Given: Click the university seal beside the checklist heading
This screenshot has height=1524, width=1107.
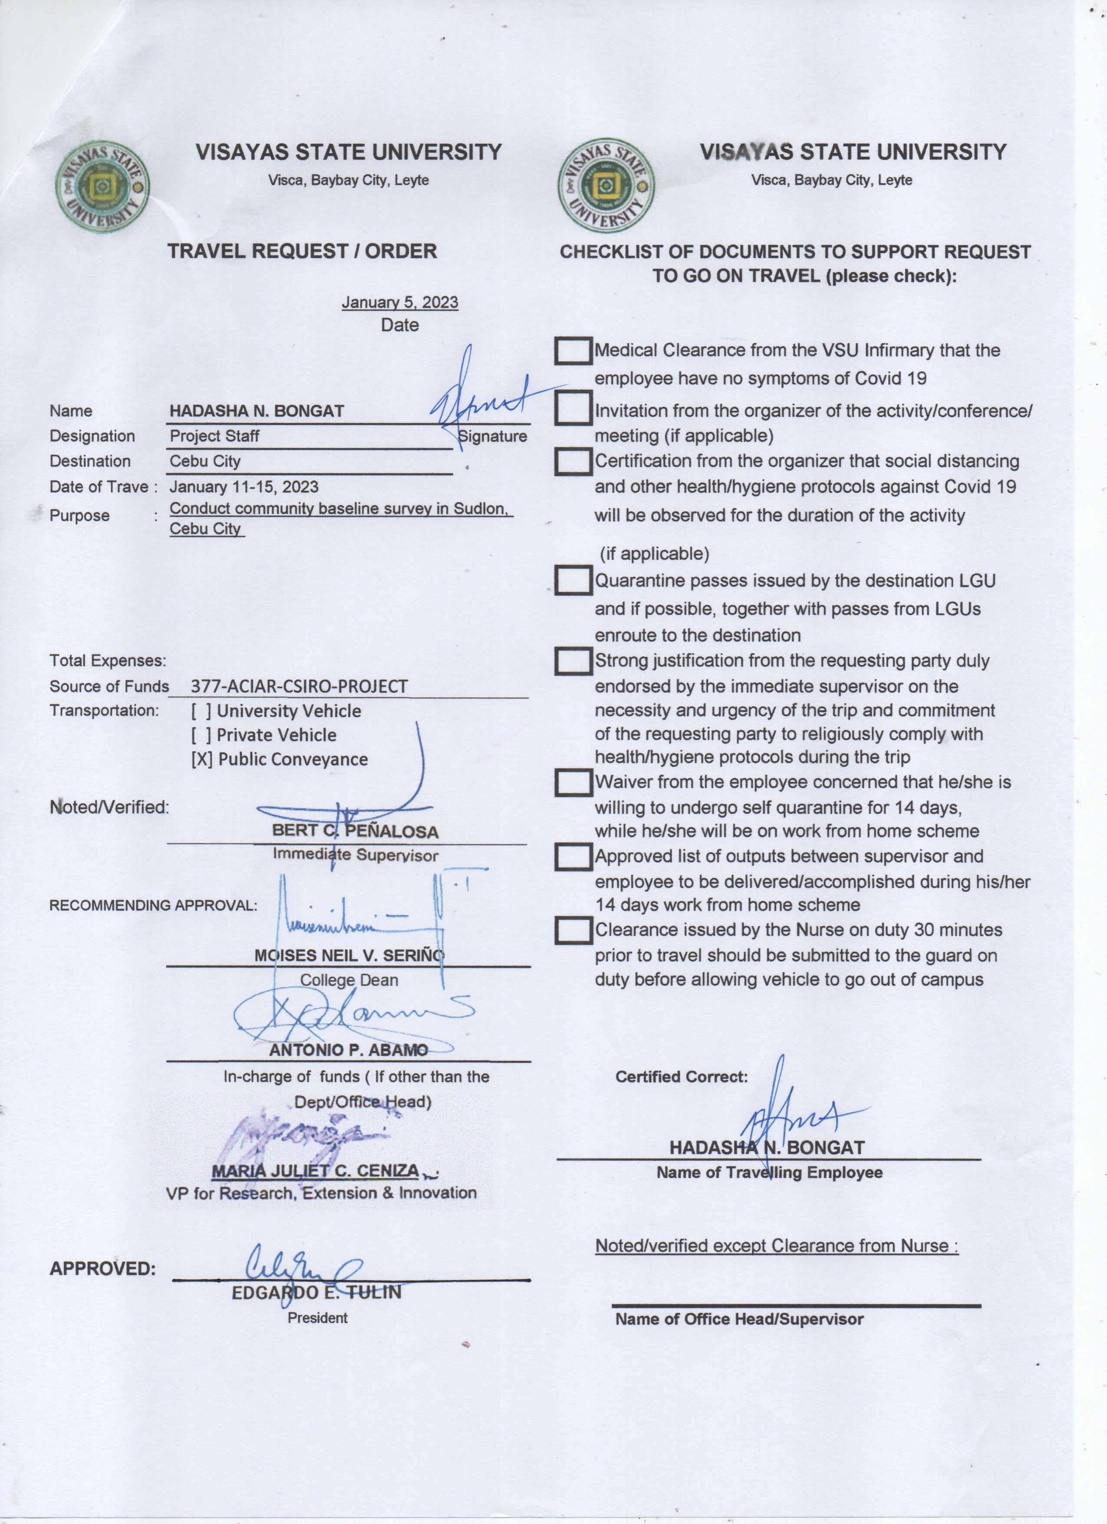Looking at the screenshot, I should click(x=606, y=186).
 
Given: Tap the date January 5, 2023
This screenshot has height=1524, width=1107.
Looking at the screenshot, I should click(x=400, y=302).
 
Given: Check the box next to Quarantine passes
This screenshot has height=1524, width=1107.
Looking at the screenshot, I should click(x=573, y=581).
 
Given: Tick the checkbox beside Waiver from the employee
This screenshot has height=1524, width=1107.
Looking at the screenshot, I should click(x=573, y=782).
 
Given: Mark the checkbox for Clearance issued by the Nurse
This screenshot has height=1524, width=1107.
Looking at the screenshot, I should click(x=573, y=930).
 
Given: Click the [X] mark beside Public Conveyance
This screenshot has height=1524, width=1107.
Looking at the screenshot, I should click(x=201, y=759).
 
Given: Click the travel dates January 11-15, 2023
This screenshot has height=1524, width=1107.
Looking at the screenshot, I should click(x=244, y=486).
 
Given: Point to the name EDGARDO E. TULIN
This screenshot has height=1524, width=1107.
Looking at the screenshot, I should click(x=316, y=1292).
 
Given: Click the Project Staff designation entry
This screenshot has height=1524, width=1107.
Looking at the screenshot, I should click(x=214, y=436).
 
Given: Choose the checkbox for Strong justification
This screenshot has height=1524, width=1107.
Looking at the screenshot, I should click(x=573, y=661).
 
